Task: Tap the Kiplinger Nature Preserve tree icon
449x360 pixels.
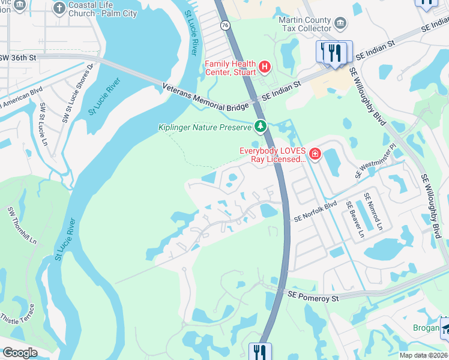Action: tap(260, 126)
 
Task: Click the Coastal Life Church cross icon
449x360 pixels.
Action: tap(59, 8)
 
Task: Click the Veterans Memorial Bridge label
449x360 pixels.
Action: tap(205, 97)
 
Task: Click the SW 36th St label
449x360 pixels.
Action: tap(18, 58)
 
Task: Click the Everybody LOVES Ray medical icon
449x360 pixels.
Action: tap(315, 155)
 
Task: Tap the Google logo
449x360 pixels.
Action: tap(20, 353)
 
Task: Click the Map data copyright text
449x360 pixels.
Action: tap(423, 355)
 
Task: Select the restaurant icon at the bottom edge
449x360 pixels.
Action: tap(260, 351)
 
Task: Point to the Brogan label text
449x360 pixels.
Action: tap(426, 328)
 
